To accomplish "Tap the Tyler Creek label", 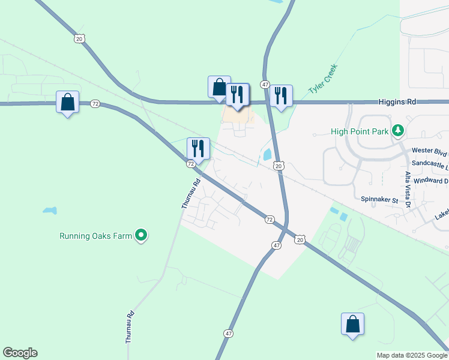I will (x=323, y=79).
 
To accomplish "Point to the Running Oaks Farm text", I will (x=95, y=236).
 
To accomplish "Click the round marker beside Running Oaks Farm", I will (x=141, y=236).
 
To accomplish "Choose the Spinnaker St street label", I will (x=380, y=199).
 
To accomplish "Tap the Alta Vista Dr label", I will (x=408, y=190).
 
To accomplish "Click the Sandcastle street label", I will (x=430, y=163).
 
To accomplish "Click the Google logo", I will (x=20, y=353).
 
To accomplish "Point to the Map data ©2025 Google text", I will (x=412, y=355).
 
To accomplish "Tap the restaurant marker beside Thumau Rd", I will (x=198, y=149).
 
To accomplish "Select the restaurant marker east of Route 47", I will (x=280, y=95).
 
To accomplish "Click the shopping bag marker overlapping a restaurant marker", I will (x=219, y=87).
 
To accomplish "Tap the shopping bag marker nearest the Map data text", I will (x=352, y=324).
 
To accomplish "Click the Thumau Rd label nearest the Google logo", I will (x=130, y=327).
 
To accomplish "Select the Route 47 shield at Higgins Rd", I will (x=265, y=85).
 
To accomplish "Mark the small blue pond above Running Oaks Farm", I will (x=50, y=211).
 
